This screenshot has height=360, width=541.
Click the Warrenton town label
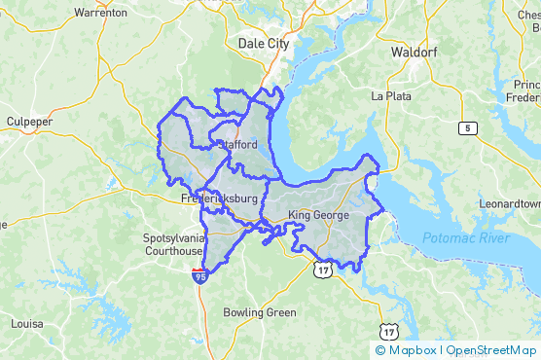coord(100,13)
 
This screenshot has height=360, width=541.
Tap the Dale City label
coord(263,43)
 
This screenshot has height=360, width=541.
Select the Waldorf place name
coord(416,51)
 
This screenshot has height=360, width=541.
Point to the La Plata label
coord(392,96)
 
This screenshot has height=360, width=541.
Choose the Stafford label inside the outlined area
coord(236,145)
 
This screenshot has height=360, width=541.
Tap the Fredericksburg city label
coord(220,198)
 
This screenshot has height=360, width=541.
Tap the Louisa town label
coord(26,322)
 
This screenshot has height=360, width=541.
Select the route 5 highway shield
coord(470,128)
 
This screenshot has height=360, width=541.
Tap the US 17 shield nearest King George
coord(322,268)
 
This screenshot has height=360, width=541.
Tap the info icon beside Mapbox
coord(379,350)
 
